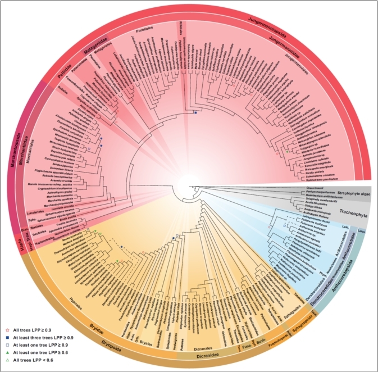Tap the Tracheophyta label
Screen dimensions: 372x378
[x=353, y=213]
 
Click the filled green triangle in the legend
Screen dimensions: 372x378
[x=8, y=351]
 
